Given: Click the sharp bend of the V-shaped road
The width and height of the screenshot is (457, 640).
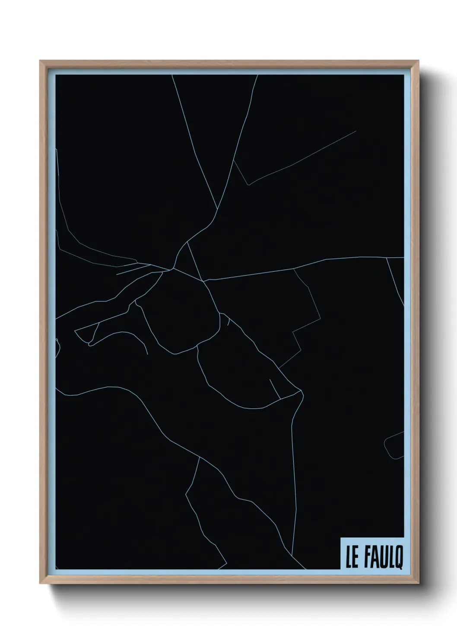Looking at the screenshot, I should click(x=248, y=185).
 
